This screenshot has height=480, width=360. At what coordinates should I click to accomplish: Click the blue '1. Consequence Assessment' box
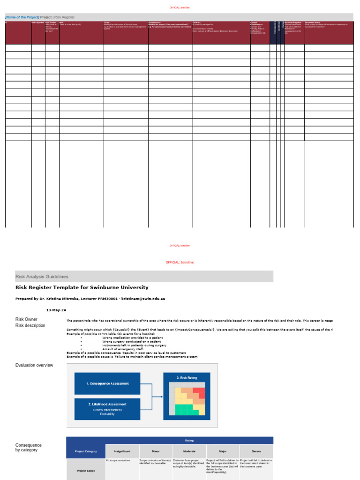click(107, 383)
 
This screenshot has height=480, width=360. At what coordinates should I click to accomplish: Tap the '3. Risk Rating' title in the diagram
click(187, 377)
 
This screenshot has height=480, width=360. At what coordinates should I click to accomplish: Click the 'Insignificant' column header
click(122, 451)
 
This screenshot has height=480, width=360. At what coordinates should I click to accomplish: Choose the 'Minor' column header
click(156, 451)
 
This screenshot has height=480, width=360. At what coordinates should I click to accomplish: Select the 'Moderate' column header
click(189, 451)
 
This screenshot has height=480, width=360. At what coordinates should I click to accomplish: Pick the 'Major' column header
click(223, 451)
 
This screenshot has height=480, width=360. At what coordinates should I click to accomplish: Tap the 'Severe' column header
click(256, 451)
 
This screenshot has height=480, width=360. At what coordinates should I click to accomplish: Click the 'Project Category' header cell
click(86, 451)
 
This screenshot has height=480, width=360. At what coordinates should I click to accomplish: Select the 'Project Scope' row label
click(86, 471)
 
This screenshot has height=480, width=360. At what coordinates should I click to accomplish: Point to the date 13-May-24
click(56, 310)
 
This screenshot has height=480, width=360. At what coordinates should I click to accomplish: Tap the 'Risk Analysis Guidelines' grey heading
click(42, 277)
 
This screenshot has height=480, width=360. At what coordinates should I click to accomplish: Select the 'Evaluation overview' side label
click(34, 365)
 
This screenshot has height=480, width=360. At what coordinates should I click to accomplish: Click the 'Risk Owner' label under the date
click(26, 319)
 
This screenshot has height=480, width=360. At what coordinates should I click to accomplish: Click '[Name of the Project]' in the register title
click(22, 17)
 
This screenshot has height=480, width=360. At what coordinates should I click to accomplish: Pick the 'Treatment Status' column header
click(313, 22)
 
